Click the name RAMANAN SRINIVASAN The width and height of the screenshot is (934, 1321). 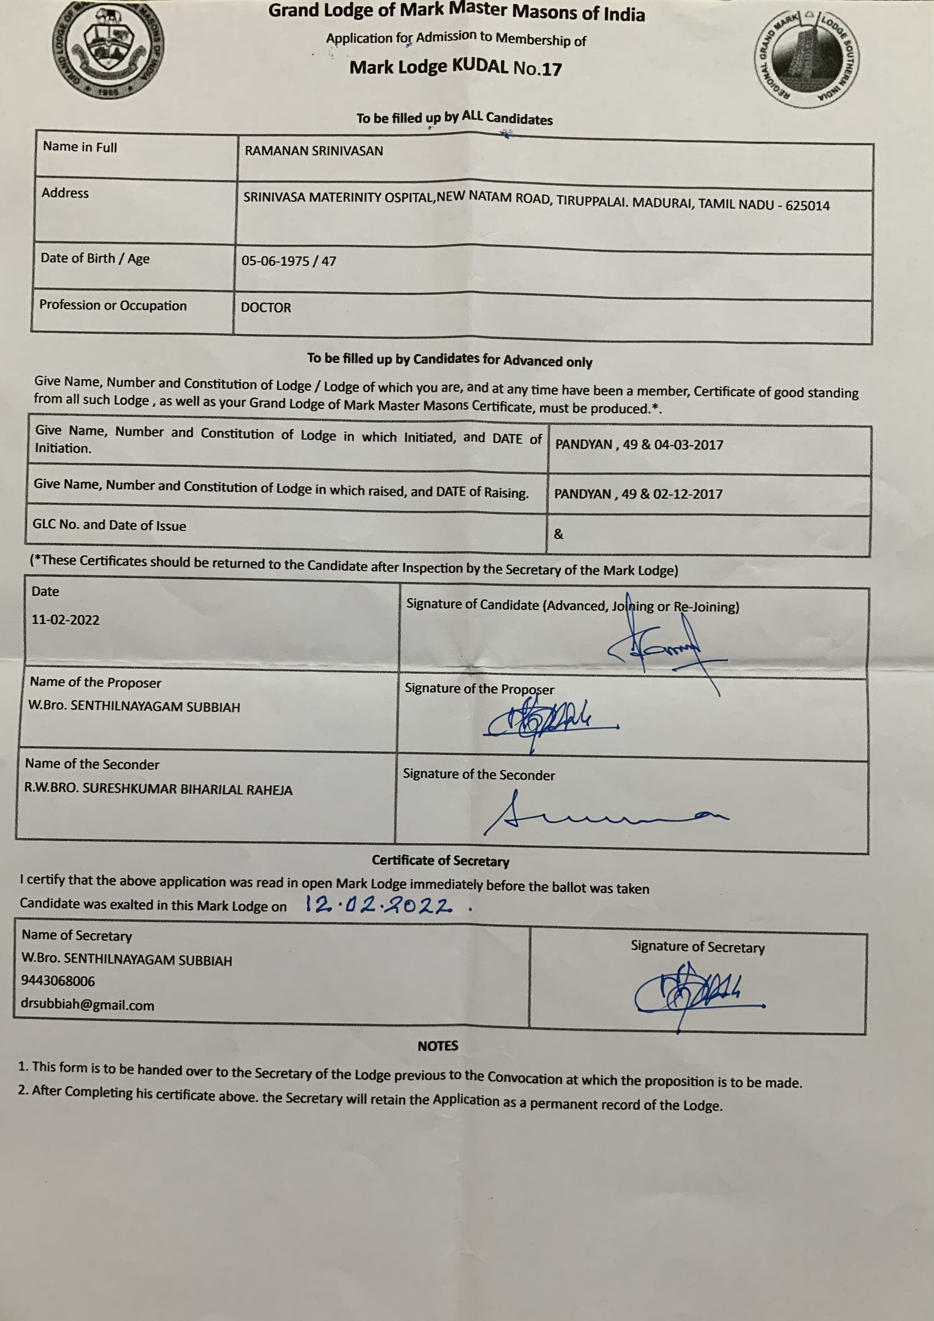(314, 151)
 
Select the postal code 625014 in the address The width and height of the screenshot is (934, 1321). (807, 206)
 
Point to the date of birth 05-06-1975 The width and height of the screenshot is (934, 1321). (275, 261)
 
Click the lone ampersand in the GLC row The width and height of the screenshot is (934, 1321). (558, 534)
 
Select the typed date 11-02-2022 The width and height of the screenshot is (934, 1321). (65, 620)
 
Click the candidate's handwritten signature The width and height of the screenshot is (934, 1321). (662, 647)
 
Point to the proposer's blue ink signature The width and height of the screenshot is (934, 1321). (547, 722)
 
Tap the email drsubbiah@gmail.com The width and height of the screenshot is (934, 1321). (87, 1005)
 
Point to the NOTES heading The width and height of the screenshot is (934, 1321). (438, 1045)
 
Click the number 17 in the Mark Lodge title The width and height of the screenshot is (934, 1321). (551, 69)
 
